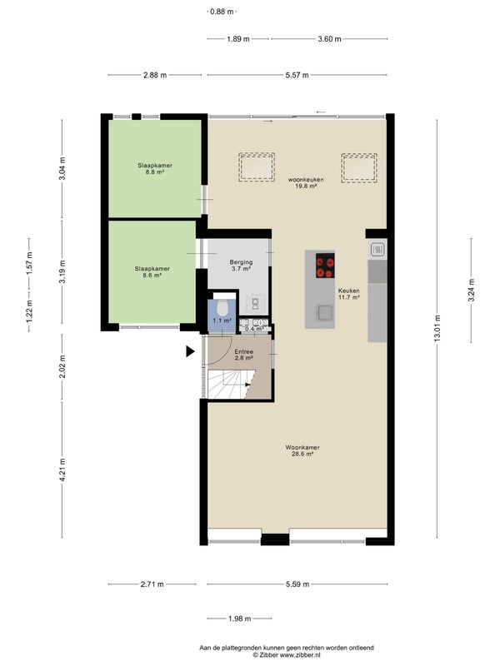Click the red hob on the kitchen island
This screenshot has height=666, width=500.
point(325,266)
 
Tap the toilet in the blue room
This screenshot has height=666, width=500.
point(222,308)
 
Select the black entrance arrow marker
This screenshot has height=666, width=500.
point(190,351)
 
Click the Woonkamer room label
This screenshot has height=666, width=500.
point(302,450)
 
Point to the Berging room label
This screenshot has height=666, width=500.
point(241,265)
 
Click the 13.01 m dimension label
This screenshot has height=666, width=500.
point(437,328)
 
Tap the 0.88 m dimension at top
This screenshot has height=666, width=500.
point(222,12)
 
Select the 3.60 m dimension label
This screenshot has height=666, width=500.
point(329,39)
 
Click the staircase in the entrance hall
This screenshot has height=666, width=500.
point(231,385)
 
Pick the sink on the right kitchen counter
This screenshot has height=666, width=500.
point(377,250)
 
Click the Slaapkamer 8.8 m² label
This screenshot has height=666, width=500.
point(155,169)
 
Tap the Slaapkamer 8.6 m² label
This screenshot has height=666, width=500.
point(152,272)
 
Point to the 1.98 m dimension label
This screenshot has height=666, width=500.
point(240,619)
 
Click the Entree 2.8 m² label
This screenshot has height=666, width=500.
point(244,355)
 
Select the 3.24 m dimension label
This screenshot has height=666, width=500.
point(471,290)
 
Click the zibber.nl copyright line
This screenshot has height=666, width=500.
point(287,655)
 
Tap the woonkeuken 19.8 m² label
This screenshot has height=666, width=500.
point(306,182)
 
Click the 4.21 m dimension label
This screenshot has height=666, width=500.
point(62,470)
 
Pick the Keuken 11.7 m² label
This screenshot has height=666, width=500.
point(349,294)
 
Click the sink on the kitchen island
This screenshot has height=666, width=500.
point(324,312)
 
